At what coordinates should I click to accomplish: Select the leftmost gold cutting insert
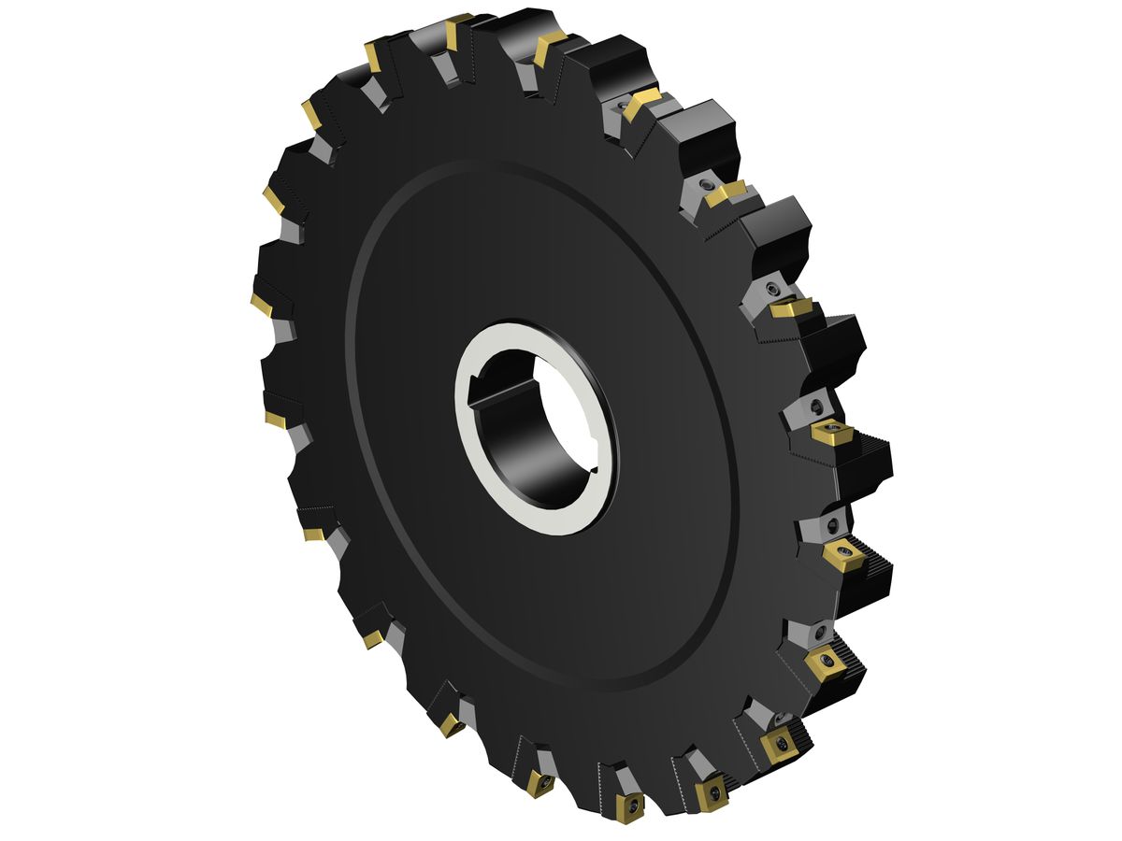[261, 305]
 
